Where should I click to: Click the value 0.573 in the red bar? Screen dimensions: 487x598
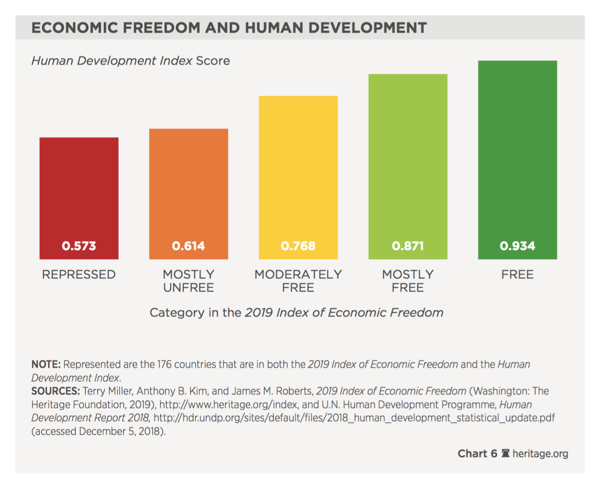coord(79,246)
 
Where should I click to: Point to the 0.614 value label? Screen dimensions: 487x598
coord(189,246)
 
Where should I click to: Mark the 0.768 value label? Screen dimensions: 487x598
coord(298,246)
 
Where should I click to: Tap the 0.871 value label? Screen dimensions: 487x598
coord(408,246)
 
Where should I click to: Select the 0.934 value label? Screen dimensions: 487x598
coord(517,246)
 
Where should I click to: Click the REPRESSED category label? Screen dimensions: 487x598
coord(79,275)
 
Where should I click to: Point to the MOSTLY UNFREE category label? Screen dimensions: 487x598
coord(189,281)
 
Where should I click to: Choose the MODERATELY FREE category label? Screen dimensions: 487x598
coord(298,281)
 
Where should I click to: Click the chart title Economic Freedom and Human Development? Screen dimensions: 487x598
coord(229,28)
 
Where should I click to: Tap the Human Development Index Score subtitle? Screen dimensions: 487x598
coord(130,60)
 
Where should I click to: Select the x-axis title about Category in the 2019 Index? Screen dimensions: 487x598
coord(296,313)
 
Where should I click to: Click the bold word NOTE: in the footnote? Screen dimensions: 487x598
coord(46,364)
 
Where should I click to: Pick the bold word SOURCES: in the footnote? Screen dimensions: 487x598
coord(56,391)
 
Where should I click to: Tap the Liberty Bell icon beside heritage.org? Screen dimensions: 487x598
coord(506,453)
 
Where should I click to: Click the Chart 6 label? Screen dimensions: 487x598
coord(477,454)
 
